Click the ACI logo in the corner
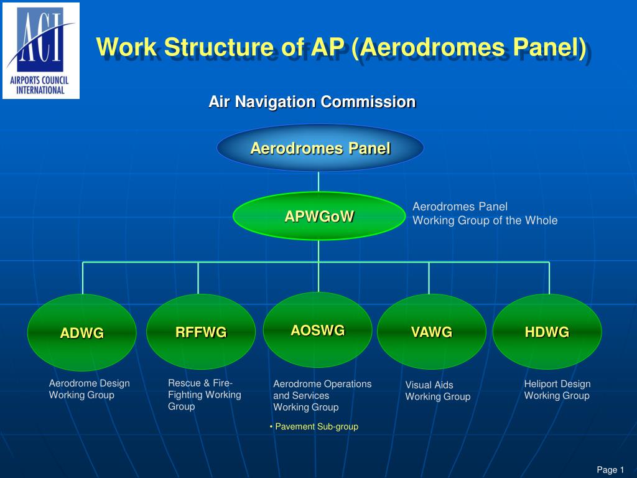[41, 50]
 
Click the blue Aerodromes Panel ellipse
[320, 148]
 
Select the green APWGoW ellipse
[318, 216]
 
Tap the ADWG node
[81, 333]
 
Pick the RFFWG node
[201, 332]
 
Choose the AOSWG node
[317, 330]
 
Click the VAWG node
[431, 332]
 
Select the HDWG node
[547, 332]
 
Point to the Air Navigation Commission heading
[312, 101]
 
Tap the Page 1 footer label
[610, 470]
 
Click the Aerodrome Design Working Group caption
[89, 389]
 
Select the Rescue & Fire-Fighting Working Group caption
[204, 395]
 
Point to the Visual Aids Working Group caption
[437, 391]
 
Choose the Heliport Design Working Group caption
[557, 390]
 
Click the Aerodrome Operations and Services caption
[322, 395]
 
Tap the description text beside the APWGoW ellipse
[485, 213]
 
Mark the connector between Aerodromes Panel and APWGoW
[318, 182]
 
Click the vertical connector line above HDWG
[549, 278]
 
